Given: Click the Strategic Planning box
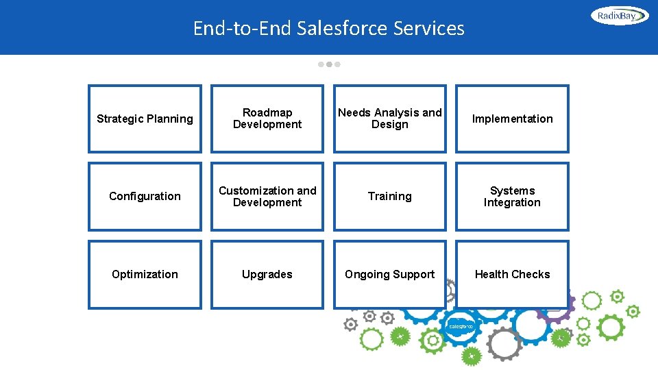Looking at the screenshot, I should pyautogui.click(x=145, y=119).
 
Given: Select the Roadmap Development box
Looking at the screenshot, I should pyautogui.click(x=267, y=119).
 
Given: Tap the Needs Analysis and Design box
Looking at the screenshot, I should pyautogui.click(x=390, y=119).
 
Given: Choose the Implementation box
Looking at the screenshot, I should pyautogui.click(x=512, y=119).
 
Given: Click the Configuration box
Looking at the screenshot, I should pyautogui.click(x=145, y=197).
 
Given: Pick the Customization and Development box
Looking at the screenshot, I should pyautogui.click(x=267, y=197).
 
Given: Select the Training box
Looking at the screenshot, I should pyautogui.click(x=390, y=197).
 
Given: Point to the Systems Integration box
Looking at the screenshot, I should pyautogui.click(x=512, y=197).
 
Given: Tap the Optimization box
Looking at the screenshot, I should pyautogui.click(x=145, y=274).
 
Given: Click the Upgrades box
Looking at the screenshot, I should pyautogui.click(x=267, y=274).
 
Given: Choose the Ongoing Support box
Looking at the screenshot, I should pyautogui.click(x=390, y=274).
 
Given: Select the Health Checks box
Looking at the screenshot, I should pyautogui.click(x=512, y=274).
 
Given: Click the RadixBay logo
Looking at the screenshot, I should pyautogui.click(x=620, y=15).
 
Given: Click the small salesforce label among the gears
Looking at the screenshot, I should pyautogui.click(x=461, y=327).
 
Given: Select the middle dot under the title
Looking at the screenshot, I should pyautogui.click(x=329, y=64).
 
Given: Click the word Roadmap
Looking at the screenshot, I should pyautogui.click(x=267, y=112).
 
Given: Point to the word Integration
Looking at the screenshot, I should pyautogui.click(x=512, y=203).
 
